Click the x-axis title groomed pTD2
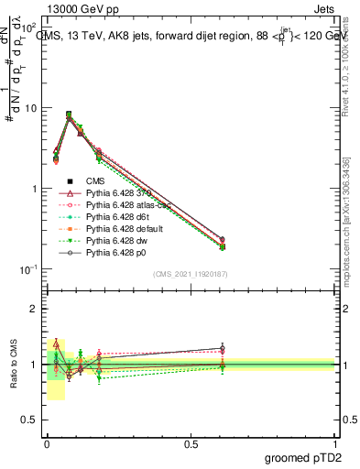[x=307, y=457]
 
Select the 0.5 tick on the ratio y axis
[x=29, y=422]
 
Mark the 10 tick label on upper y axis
[x=31, y=108]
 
